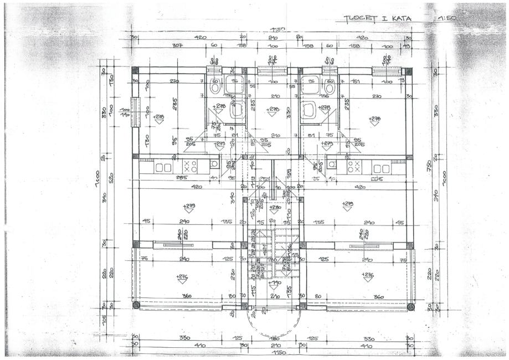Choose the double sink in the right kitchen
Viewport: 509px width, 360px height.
pos(381,167)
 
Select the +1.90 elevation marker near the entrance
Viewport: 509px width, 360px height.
pos(274,284)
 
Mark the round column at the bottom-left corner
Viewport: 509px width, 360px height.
pos(136,305)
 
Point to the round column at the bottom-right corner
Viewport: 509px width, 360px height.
pos(410,306)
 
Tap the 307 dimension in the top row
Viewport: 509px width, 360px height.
pos(177,45)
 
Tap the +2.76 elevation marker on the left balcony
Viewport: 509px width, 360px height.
pos(181,276)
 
